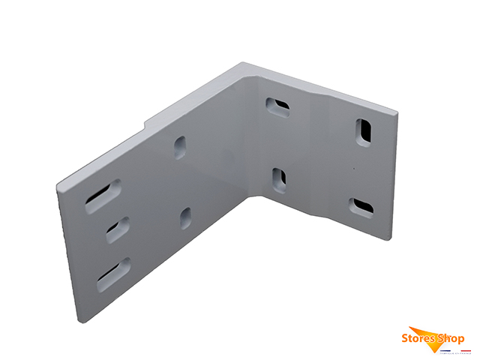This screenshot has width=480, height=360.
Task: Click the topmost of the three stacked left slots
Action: (103, 193)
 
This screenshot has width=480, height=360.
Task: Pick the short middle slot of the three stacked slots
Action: (116, 229)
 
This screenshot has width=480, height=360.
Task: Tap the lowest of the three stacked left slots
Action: (112, 274)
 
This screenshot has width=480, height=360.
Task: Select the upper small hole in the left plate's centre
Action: (180, 146)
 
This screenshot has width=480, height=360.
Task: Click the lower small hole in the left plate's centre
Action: (185, 217)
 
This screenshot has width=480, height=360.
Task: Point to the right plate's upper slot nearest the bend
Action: (278, 106)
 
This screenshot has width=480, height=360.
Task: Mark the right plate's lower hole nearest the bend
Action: (278, 179)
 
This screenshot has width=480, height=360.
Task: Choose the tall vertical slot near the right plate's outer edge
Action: (364, 130)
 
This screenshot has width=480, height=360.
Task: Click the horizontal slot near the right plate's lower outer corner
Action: (362, 205)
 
